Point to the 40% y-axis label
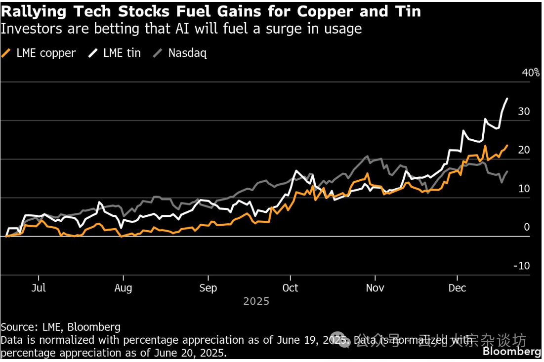pyautogui.click(x=531, y=73)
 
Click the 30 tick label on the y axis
pyautogui.click(x=524, y=112)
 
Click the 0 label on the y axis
pyautogui.click(x=527, y=227)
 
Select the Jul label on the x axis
pyautogui.click(x=39, y=288)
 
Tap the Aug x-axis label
pyautogui.click(x=123, y=288)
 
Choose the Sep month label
pyautogui.click(x=208, y=288)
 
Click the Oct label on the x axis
pyautogui.click(x=290, y=288)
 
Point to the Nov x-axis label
pyautogui.click(x=375, y=288)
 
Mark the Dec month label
pyautogui.click(x=457, y=288)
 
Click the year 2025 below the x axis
pyautogui.click(x=256, y=301)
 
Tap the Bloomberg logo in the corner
pyautogui.click(x=512, y=352)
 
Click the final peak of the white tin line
pyautogui.click(x=507, y=99)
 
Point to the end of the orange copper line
pyautogui.click(x=507, y=145)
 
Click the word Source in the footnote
pyautogui.click(x=17, y=327)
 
